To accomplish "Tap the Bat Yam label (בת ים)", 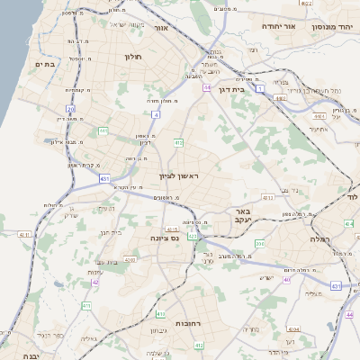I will tap(45, 65).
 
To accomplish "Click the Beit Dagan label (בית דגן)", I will tap(231, 90).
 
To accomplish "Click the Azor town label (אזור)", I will tap(162, 29).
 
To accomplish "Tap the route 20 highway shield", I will tap(70, 109).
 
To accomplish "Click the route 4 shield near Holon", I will tap(156, 115).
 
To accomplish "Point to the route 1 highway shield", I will tap(260, 89).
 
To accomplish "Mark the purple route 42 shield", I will tap(95, 282).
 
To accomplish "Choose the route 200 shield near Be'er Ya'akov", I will tap(259, 243).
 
